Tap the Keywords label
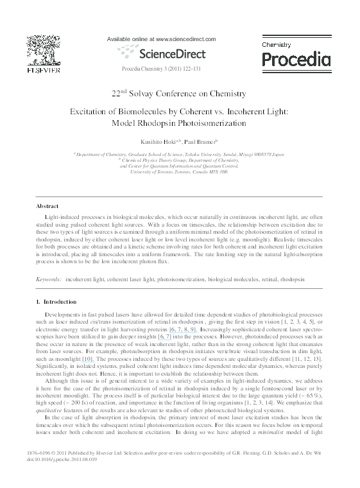48,281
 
